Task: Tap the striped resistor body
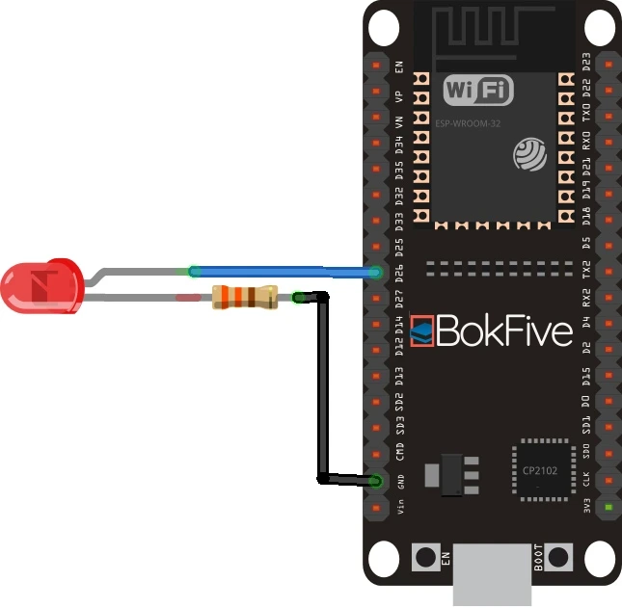click(x=243, y=298)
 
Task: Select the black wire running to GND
click(x=322, y=385)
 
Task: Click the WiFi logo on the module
click(x=477, y=92)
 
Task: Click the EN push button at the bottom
click(x=424, y=557)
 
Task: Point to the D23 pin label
click(x=586, y=67)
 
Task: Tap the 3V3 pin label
click(x=586, y=506)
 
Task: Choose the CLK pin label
click(x=586, y=480)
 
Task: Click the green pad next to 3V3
click(x=608, y=507)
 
